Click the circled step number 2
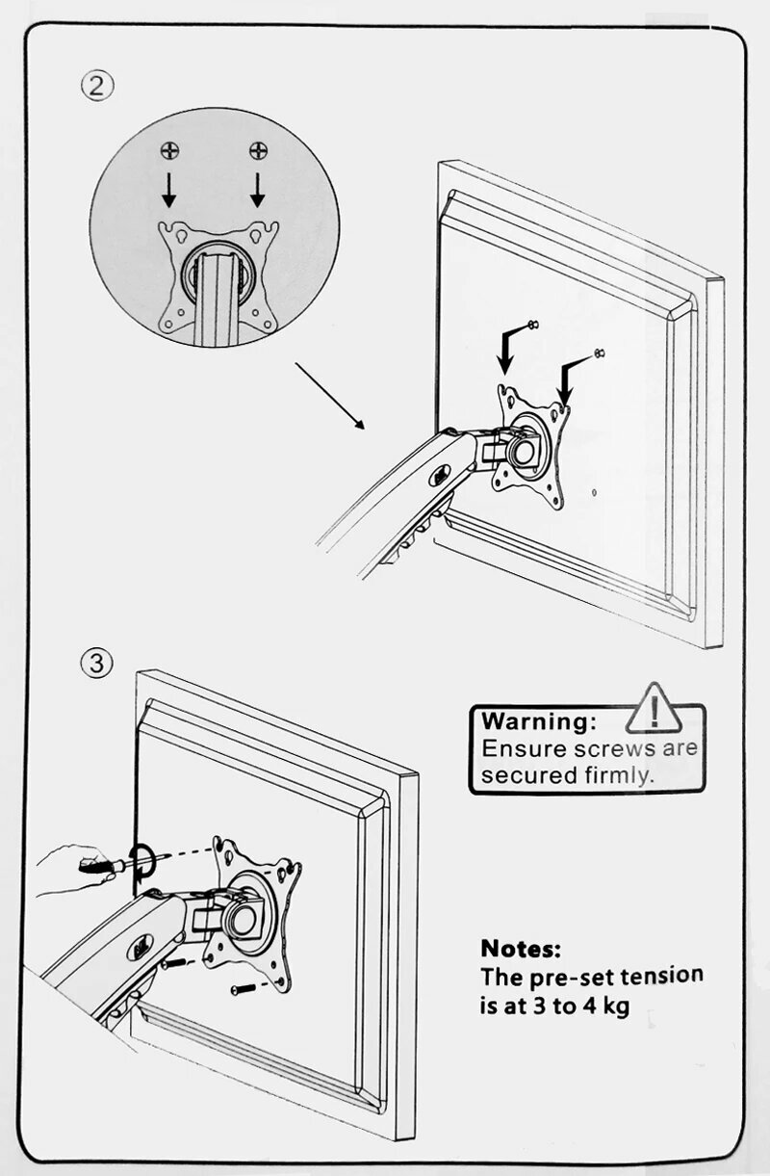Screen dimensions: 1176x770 [96, 86]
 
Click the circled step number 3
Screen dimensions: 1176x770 [96, 663]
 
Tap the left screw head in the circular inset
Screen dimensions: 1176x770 [169, 150]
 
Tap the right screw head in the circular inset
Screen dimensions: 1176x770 [258, 150]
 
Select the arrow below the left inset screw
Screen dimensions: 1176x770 [169, 191]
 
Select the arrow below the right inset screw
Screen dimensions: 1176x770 [258, 191]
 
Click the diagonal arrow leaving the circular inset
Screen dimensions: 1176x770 [329, 395]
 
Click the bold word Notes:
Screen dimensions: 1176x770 [520, 949]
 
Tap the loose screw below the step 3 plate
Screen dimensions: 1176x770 [243, 988]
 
